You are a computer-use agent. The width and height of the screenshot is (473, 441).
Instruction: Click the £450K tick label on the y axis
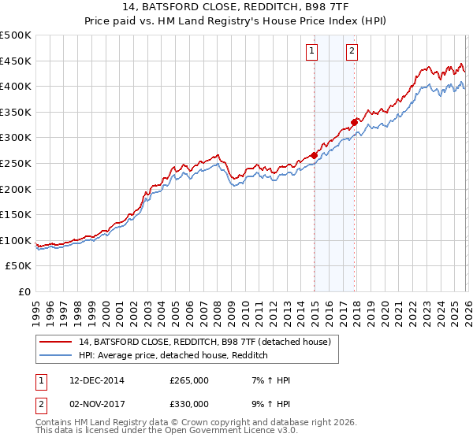point(16,61)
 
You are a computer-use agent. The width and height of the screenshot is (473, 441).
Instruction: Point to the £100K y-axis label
point(16,241)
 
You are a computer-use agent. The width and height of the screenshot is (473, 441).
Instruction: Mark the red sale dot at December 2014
point(314,155)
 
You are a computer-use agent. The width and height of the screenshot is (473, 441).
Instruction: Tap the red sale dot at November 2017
point(355,122)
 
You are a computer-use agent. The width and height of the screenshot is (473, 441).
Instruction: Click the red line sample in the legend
point(56,342)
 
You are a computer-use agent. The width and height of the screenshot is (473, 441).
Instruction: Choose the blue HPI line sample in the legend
point(56,355)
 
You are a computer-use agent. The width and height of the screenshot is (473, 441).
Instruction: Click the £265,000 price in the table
point(189,380)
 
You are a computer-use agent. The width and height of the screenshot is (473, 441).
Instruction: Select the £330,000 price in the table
point(189,404)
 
